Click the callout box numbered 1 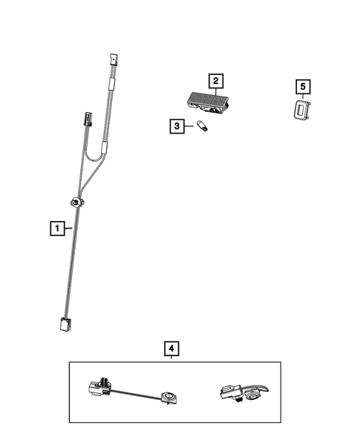[56, 228]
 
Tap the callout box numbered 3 [177, 127]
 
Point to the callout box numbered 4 [171, 347]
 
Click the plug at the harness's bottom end [65, 323]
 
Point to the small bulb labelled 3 [202, 127]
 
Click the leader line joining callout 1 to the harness [65, 228]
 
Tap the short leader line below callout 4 [171, 358]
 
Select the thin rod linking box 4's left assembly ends [137, 393]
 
